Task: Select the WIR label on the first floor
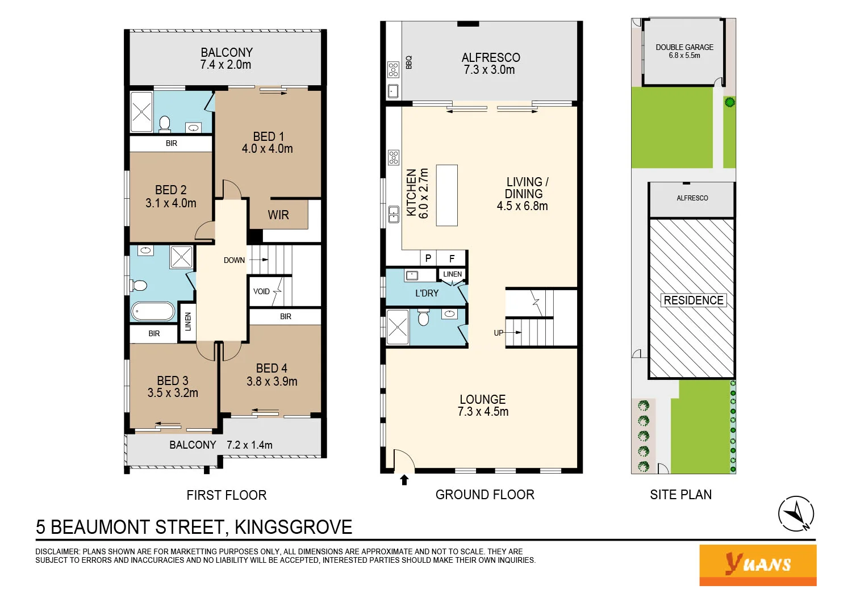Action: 278,215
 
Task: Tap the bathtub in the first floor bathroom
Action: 153,311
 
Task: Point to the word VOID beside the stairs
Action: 261,291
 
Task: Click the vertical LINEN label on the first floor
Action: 188,322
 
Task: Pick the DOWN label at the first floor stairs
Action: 234,260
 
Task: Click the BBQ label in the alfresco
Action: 409,62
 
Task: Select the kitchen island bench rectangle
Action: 446,195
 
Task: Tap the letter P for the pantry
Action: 428,258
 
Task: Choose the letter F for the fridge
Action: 452,258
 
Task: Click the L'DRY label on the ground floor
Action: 427,293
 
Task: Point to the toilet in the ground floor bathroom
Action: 423,317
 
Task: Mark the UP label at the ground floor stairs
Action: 498,333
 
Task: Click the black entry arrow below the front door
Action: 404,480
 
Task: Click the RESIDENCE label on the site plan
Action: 694,300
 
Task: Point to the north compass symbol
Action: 796,514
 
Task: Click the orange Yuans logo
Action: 758,565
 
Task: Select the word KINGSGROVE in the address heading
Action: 293,527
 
